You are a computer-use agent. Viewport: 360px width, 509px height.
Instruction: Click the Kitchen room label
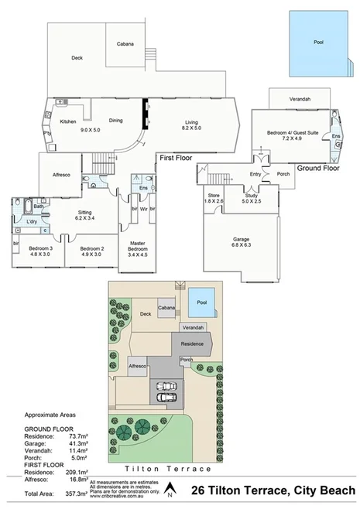pyautogui.click(x=68, y=121)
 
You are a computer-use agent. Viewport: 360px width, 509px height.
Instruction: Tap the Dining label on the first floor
pyautogui.click(x=116, y=121)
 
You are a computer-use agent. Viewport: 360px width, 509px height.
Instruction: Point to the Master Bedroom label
pyautogui.click(x=137, y=246)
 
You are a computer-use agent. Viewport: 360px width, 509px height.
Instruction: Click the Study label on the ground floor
pyautogui.click(x=251, y=196)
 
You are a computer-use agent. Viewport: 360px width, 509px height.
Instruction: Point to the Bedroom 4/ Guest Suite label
pyautogui.click(x=293, y=133)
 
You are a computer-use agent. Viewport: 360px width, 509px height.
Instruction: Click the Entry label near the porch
pyautogui.click(x=255, y=174)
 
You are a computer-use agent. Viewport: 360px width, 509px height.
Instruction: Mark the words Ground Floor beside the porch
pyautogui.click(x=320, y=168)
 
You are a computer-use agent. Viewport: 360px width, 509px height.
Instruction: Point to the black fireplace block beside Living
pyautogui.click(x=144, y=114)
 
